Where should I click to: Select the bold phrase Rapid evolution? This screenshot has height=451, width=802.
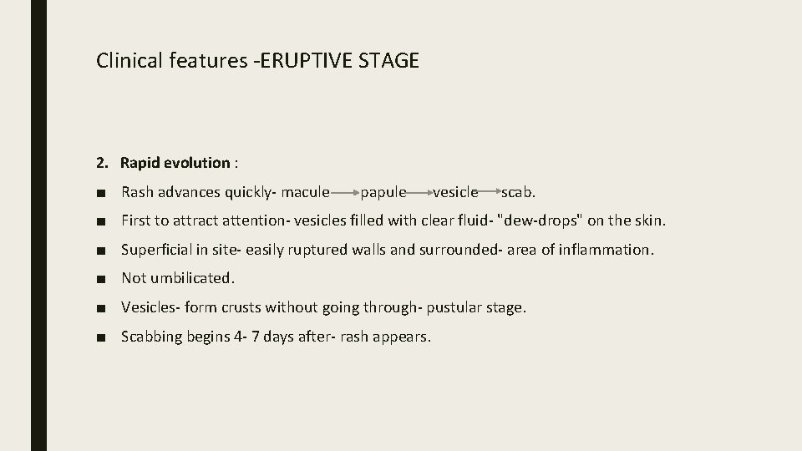tap(175, 162)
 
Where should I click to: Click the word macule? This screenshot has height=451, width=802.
tap(305, 192)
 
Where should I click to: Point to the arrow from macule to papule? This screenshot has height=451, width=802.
tap(344, 193)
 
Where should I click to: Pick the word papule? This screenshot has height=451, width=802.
tap(383, 192)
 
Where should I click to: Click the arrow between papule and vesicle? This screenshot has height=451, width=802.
tap(419, 193)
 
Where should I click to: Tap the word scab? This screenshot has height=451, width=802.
tap(518, 192)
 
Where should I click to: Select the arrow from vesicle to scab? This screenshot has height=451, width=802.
tap(490, 193)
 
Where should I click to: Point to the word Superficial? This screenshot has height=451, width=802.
tap(160, 250)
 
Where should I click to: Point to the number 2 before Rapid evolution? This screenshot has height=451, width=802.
tap(100, 162)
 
